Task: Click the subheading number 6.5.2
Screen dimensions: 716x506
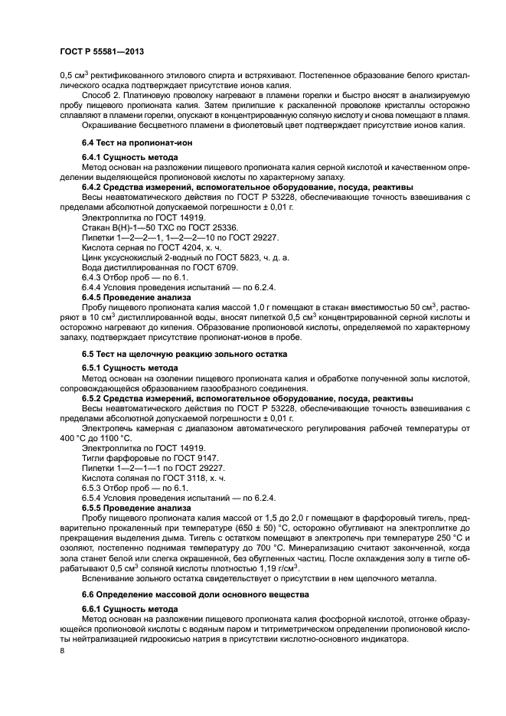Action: pyautogui.click(x=94, y=398)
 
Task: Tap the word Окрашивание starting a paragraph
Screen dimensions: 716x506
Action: pyautogui.click(x=109, y=126)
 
